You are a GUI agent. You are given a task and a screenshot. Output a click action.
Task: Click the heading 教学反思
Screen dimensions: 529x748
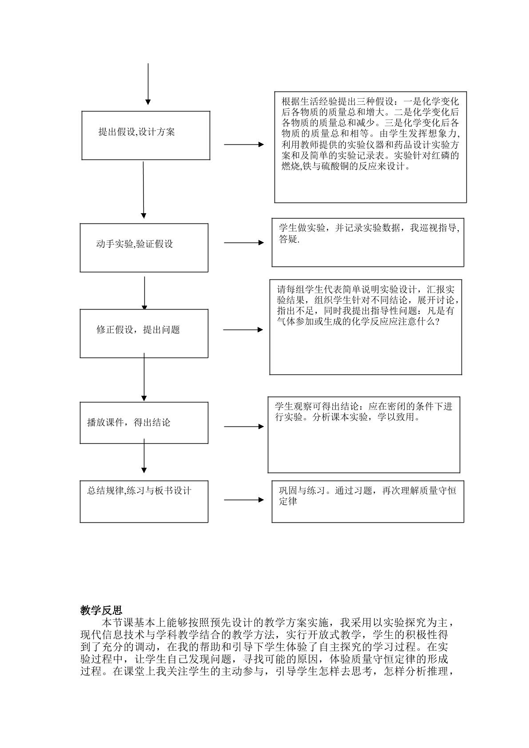tap(101, 610)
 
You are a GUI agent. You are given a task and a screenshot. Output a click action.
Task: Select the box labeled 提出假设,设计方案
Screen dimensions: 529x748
tap(146, 135)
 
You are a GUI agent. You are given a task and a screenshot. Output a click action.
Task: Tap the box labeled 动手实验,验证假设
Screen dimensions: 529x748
tap(144, 248)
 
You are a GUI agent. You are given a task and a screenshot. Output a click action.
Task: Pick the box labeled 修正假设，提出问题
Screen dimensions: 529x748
tap(144, 334)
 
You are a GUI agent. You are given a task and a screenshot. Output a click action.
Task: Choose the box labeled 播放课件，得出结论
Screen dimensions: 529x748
tap(144, 423)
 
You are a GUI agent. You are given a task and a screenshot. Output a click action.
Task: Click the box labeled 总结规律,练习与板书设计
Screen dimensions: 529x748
tap(144, 501)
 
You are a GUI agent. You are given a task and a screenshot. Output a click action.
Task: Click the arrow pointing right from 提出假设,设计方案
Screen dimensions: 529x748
tap(244, 145)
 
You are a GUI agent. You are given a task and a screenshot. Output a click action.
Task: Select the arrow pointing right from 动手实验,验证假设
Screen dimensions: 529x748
tap(244, 243)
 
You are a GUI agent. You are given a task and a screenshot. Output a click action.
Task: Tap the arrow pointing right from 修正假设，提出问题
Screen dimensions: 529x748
tap(243, 330)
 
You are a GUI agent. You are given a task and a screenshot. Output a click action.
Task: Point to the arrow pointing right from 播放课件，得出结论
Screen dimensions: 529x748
tap(244, 426)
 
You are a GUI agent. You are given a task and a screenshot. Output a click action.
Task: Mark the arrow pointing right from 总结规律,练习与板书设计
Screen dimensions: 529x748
tap(244, 500)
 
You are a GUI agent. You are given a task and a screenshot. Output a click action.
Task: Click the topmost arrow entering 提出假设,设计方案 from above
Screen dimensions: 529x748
tap(148, 84)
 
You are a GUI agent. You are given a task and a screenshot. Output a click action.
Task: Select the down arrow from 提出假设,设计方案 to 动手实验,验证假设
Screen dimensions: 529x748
tap(143, 190)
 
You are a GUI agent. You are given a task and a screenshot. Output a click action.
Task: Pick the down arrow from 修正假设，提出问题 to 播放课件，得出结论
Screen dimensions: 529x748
tap(144, 377)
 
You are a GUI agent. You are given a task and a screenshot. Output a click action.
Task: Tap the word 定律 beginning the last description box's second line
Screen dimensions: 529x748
tap(288, 501)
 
